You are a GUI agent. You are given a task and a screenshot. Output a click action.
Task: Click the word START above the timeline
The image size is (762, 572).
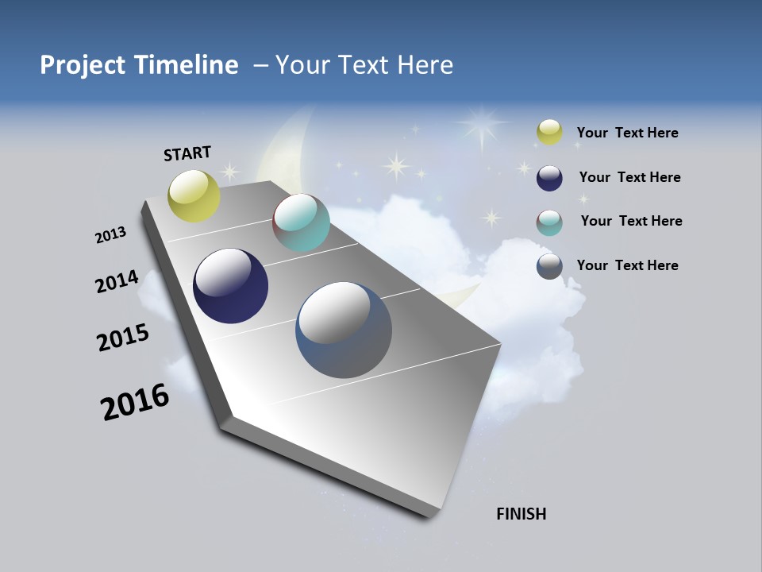187,153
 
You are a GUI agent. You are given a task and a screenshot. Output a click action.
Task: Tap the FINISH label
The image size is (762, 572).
521,514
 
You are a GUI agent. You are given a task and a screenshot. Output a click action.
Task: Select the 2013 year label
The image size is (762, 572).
110,235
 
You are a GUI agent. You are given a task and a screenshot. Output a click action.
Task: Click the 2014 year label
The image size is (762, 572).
117,282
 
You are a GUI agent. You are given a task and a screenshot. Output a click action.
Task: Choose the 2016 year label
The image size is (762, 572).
135,402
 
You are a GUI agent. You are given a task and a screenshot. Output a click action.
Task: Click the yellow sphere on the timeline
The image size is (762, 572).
194,195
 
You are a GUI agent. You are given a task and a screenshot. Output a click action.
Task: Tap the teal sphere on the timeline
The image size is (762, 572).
301,222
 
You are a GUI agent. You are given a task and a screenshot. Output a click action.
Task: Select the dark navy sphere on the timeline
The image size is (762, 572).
230,286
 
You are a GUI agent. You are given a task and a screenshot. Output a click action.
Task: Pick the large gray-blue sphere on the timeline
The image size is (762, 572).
344,330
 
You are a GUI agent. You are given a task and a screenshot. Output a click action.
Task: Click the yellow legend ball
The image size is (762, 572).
549,133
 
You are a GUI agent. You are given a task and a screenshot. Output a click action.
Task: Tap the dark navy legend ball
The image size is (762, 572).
549,178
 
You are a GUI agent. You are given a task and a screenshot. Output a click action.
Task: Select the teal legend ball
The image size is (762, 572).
549,222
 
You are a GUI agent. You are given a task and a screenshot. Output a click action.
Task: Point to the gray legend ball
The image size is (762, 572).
549,266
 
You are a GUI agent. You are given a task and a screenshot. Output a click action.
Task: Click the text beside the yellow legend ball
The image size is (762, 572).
627,133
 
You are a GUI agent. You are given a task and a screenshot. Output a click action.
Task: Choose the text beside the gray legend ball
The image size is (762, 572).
627,265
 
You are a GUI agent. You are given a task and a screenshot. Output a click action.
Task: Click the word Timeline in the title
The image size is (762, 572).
187,65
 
